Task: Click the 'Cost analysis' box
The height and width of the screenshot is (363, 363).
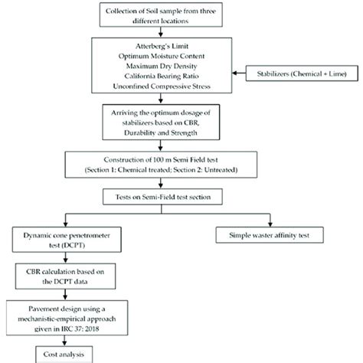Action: coord(56,355)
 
